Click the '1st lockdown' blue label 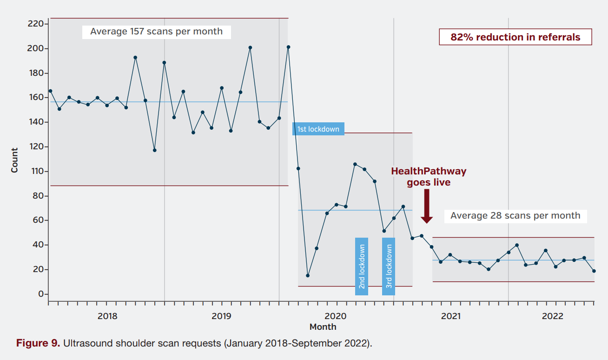click(x=318, y=129)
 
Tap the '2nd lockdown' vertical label click(x=362, y=267)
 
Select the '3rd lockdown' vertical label click(x=389, y=267)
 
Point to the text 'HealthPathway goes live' click(x=429, y=177)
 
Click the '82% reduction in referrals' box click(x=515, y=37)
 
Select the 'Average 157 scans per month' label click(x=156, y=32)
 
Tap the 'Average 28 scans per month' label click(x=515, y=216)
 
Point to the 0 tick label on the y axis click(x=41, y=294)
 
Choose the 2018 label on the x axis click(x=107, y=316)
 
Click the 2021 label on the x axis click(x=450, y=316)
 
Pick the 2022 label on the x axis click(x=553, y=316)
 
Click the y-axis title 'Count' click(x=15, y=160)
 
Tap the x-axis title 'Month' click(x=323, y=327)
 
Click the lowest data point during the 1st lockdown click(x=308, y=275)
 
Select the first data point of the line click(x=50, y=91)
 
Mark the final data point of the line click(x=594, y=271)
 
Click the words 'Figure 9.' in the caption click(x=38, y=344)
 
